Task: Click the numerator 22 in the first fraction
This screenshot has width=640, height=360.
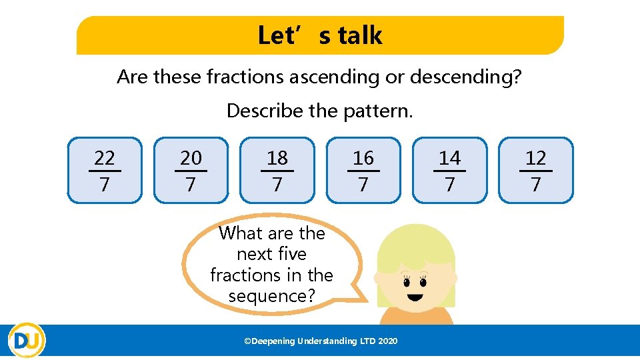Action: [x=105, y=158]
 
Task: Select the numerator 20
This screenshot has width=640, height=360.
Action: [x=191, y=158]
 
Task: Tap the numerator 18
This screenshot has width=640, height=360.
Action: [x=277, y=158]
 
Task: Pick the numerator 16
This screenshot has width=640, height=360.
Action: [x=363, y=158]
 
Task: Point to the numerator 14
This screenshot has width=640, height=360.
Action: [x=449, y=158]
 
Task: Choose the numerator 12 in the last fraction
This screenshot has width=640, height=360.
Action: [x=535, y=158]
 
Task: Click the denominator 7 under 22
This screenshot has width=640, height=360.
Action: [x=105, y=185]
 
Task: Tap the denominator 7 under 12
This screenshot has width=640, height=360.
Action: [x=535, y=185]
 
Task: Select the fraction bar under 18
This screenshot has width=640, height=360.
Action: [x=277, y=171]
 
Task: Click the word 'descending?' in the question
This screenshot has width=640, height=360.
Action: [x=465, y=77]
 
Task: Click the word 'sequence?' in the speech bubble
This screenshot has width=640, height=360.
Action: [x=271, y=295]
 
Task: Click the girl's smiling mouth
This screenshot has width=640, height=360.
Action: [x=416, y=297]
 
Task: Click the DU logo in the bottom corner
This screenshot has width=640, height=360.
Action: [x=27, y=341]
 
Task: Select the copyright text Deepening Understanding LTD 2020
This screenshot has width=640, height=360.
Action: [x=321, y=341]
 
